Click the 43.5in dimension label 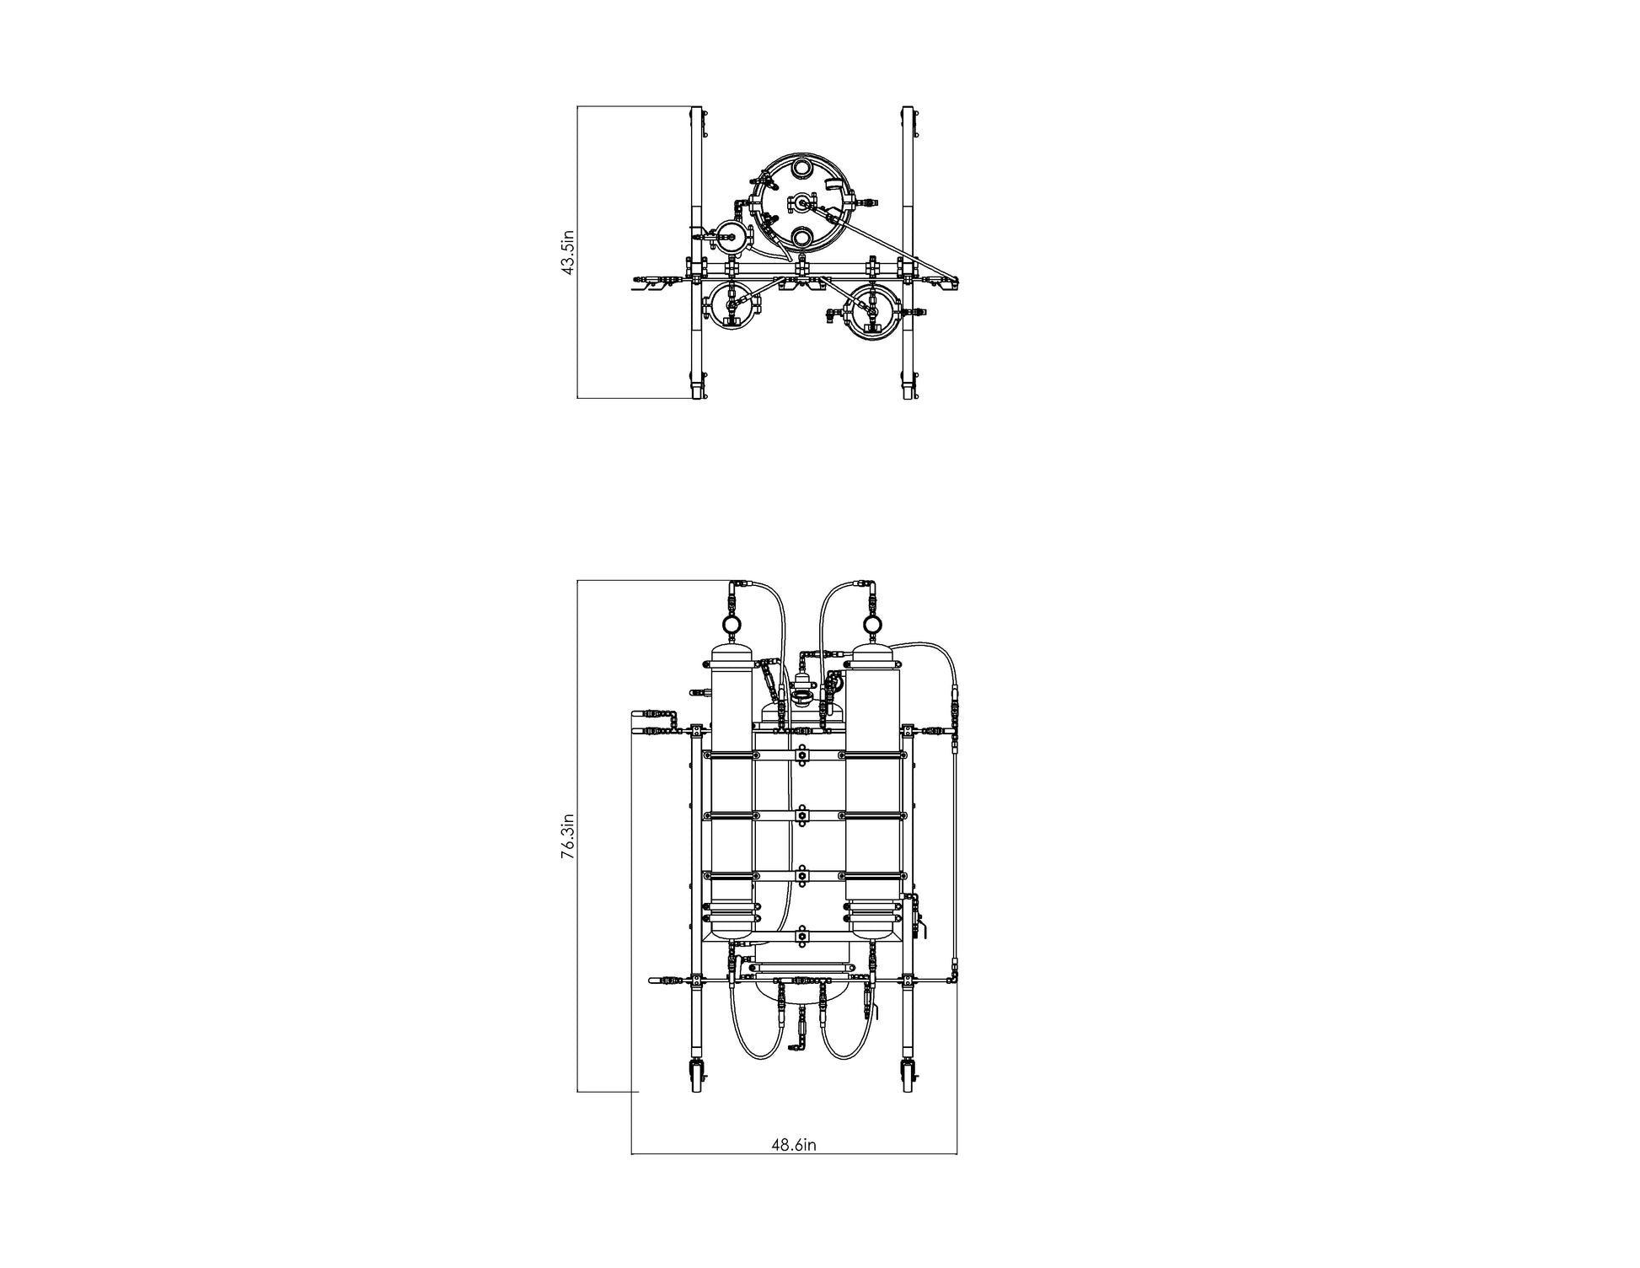click(x=569, y=251)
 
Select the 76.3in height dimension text click(x=569, y=836)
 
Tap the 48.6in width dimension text click(x=794, y=1145)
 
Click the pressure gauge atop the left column click(x=731, y=625)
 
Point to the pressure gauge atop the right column click(x=872, y=625)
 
